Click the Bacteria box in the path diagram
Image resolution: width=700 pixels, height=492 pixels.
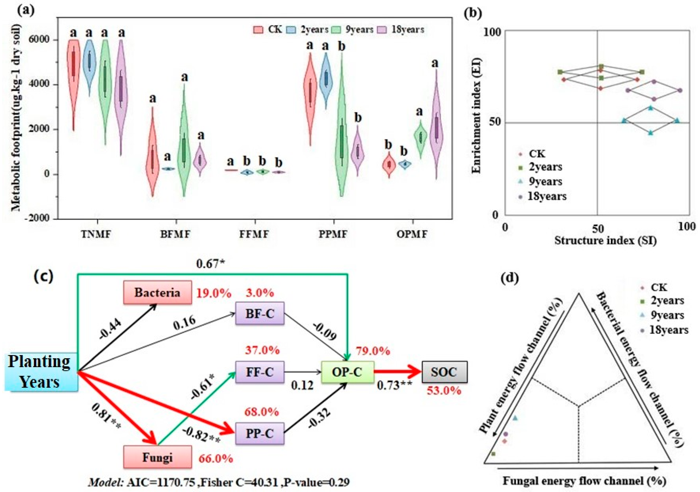coord(157,292)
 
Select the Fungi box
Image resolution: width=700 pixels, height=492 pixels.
coord(157,457)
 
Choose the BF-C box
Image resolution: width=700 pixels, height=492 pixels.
coord(260,313)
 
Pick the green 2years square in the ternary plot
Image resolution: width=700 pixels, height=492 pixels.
coord(494,454)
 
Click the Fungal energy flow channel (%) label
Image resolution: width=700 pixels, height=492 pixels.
coord(584,481)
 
